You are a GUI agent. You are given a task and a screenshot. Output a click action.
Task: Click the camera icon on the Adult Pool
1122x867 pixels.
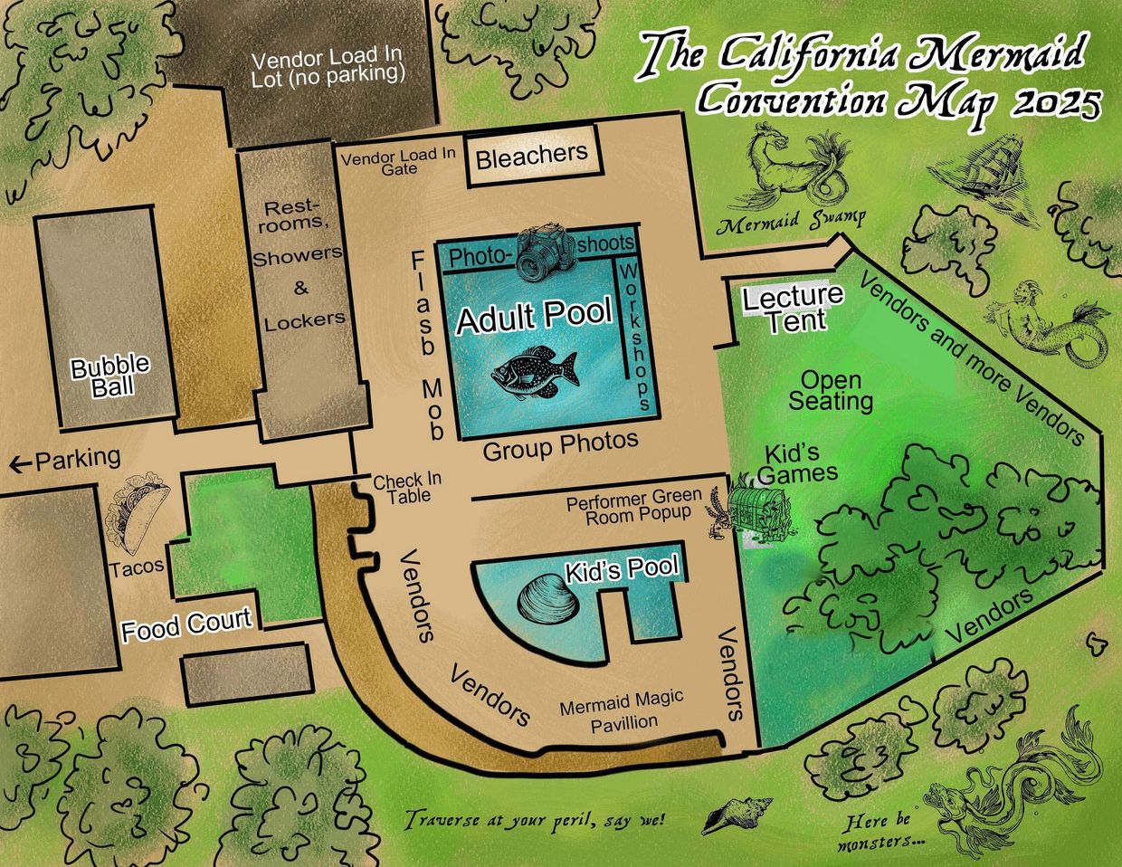click(x=546, y=254)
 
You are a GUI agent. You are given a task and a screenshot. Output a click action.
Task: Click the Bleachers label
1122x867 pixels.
click(x=531, y=157)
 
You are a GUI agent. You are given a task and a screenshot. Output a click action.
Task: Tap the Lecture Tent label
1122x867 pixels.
click(x=793, y=308)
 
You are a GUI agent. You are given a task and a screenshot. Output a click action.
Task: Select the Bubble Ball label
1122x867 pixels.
click(x=110, y=376)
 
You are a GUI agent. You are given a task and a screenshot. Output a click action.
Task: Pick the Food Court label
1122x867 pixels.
click(x=186, y=625)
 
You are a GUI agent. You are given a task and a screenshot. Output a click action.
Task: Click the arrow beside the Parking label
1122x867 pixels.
click(x=18, y=464)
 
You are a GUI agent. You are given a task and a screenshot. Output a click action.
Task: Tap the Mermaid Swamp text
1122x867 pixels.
click(x=790, y=220)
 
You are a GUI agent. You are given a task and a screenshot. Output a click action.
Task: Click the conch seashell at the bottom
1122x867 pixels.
click(x=736, y=815)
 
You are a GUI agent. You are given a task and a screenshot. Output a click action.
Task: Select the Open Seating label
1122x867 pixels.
click(x=830, y=390)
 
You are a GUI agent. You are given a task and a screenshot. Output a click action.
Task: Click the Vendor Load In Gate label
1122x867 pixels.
click(x=399, y=161)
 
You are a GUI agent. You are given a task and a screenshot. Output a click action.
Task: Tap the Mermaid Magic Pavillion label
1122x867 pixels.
click(x=621, y=710)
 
